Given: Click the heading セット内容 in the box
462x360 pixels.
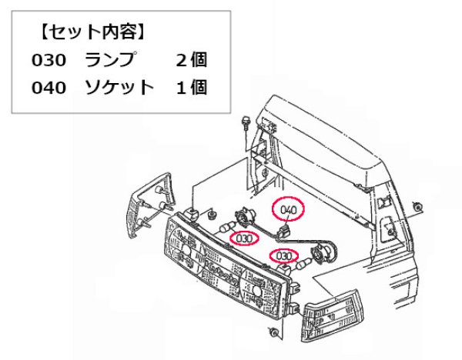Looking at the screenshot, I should tap(92, 34).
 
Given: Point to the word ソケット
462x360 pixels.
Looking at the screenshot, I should tap(120, 88).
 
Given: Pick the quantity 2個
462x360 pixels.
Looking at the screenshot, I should tap(191, 60).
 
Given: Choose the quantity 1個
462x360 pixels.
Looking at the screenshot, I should tap(191, 88).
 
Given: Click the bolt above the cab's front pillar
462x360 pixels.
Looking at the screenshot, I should tap(246, 122).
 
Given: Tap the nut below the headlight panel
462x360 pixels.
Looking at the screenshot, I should tap(274, 332).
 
